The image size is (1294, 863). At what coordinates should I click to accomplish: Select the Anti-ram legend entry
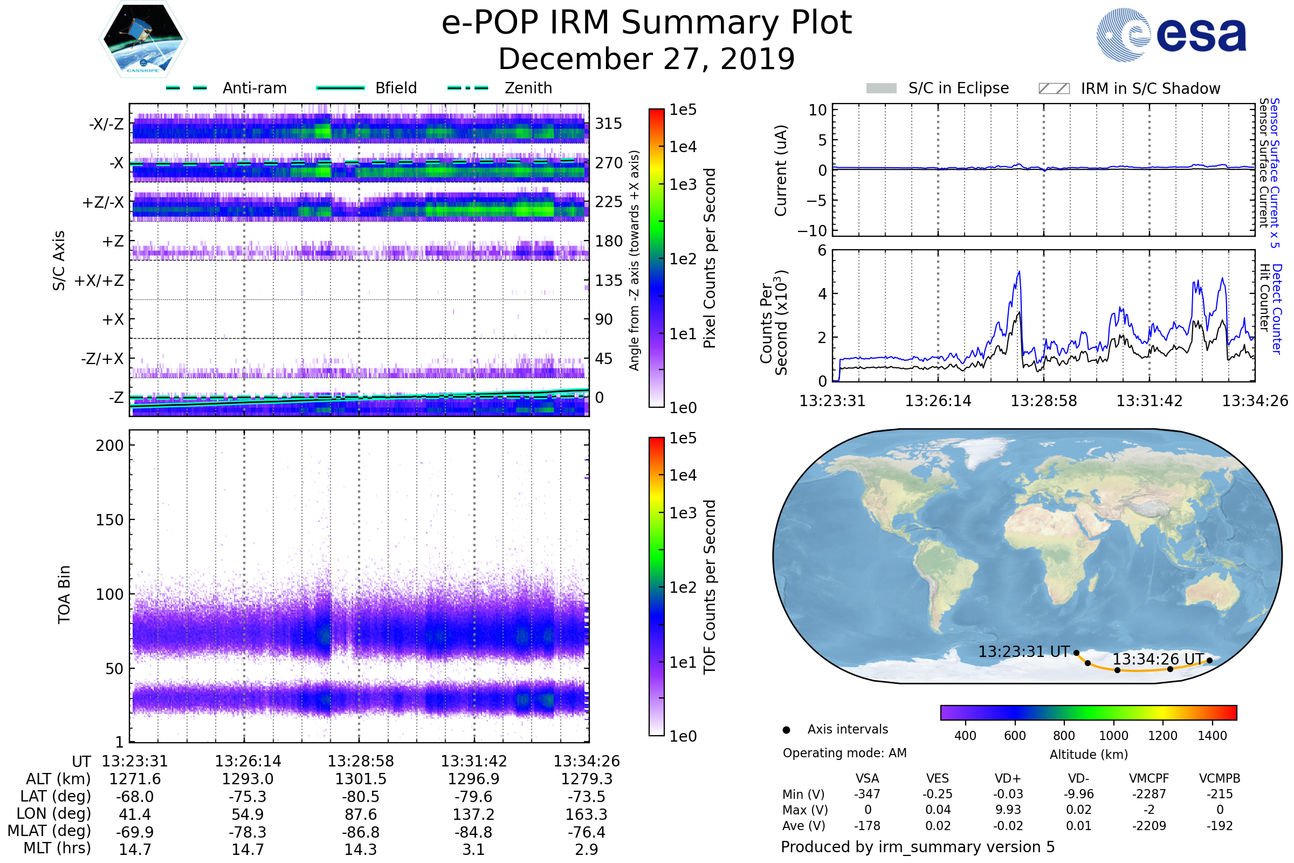[254, 88]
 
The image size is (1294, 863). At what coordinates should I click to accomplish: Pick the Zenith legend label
[528, 88]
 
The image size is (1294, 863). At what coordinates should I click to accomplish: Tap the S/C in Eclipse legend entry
[958, 88]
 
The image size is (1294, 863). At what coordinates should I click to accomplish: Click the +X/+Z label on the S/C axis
[99, 280]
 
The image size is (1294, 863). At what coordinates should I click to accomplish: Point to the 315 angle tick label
[609, 124]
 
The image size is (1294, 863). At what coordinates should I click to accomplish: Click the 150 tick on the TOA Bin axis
[109, 520]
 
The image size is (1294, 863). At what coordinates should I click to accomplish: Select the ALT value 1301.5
[361, 779]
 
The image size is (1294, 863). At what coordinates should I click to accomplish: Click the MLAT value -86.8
[361, 832]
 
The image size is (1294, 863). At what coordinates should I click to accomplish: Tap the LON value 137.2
[474, 814]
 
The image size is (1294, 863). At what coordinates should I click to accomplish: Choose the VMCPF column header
[1149, 779]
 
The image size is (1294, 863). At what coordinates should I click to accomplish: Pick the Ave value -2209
[1149, 826]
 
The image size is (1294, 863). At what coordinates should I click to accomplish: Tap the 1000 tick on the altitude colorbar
[1113, 736]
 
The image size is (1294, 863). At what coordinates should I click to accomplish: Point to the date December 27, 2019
[646, 59]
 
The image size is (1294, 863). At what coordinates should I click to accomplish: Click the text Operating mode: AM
[844, 753]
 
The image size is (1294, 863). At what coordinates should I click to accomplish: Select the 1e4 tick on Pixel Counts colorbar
[683, 147]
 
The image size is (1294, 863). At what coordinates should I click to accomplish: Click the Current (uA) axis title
[781, 170]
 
